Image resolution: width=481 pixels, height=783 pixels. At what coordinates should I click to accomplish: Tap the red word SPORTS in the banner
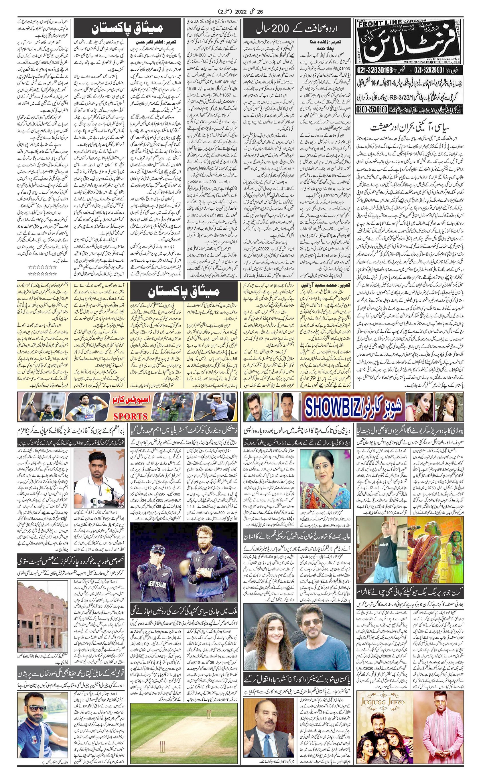131,416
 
